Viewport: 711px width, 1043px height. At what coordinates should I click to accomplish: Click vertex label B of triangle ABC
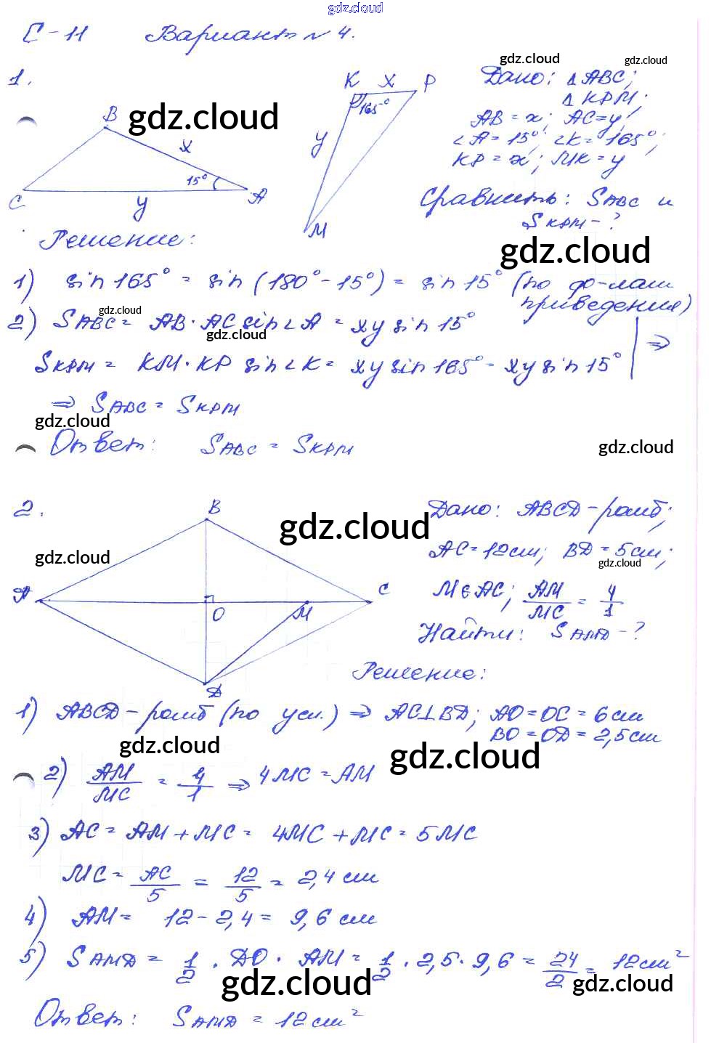110,115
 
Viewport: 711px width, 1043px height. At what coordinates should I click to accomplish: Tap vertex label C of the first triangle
16,201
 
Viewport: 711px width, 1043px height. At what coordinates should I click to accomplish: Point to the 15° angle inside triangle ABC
198,179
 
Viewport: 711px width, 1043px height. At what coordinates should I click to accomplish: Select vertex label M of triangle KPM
318,230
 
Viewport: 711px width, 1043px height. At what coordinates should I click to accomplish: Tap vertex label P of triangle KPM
429,81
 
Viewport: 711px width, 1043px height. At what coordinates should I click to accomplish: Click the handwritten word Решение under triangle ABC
116,240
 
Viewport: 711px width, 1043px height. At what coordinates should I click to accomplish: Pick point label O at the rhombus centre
218,614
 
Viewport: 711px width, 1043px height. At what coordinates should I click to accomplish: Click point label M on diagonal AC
301,612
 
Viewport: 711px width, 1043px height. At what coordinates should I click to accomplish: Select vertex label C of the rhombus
383,589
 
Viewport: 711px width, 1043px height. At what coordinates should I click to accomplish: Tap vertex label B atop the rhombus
214,507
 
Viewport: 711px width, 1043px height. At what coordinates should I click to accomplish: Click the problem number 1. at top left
19,78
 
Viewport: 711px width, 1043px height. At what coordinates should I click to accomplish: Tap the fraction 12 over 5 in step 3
244,885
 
